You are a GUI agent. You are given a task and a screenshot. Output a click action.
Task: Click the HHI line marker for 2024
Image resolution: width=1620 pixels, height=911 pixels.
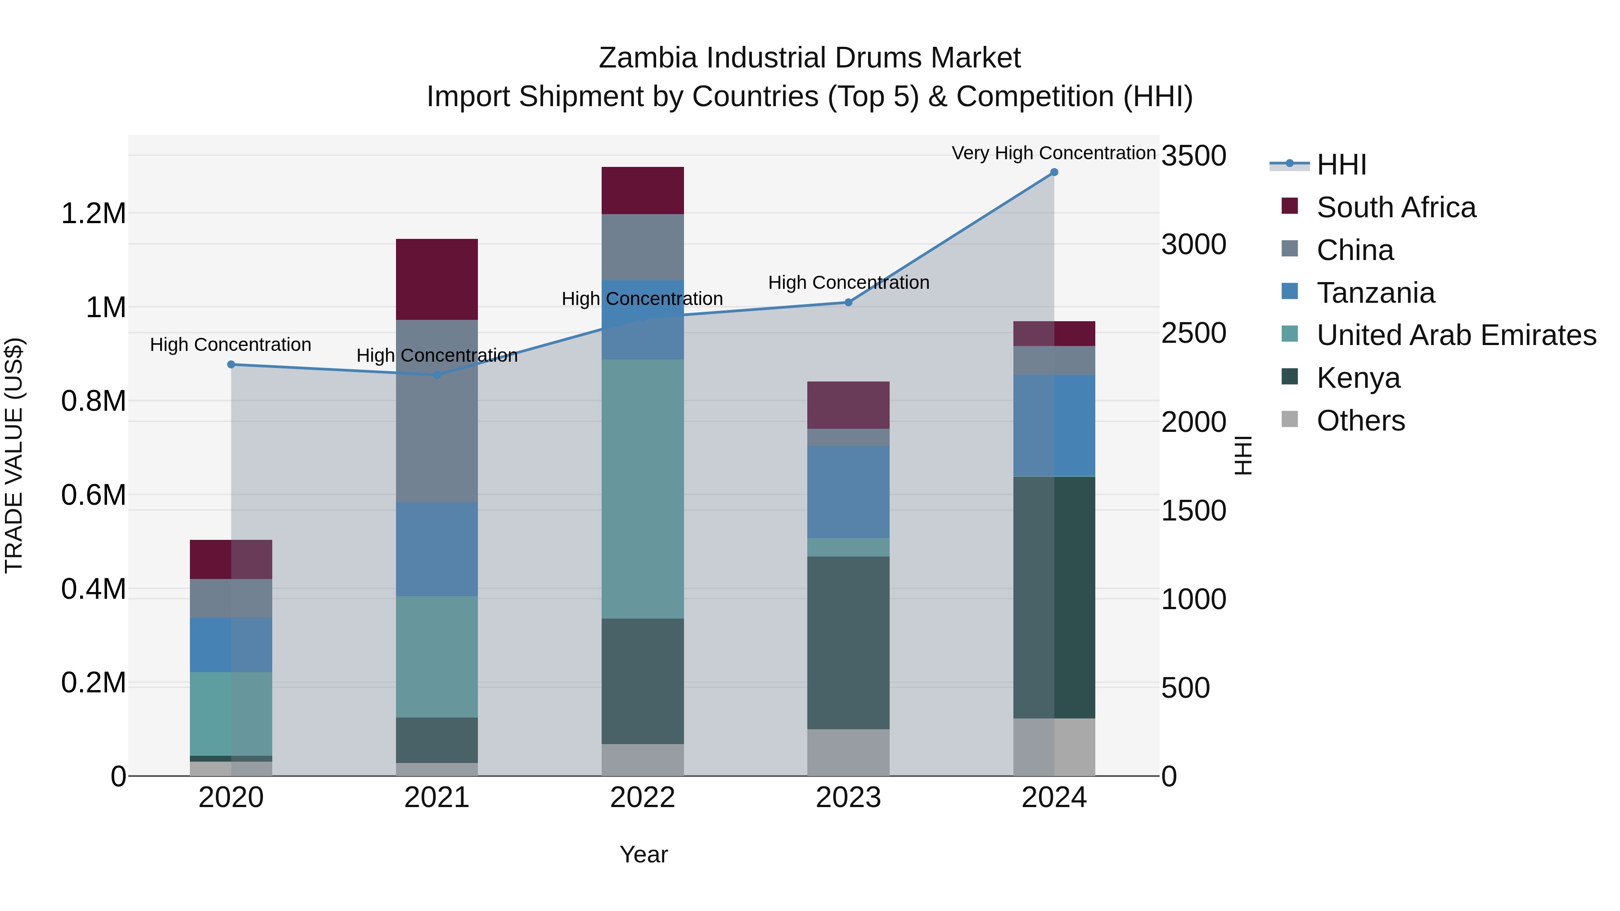click(x=1054, y=172)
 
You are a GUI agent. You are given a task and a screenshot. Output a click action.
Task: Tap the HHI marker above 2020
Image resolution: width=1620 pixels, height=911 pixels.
click(x=231, y=365)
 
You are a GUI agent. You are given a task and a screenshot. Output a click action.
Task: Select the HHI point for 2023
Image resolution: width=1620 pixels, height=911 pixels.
click(x=848, y=302)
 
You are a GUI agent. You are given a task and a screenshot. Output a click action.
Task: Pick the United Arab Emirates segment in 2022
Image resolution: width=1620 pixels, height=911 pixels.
click(x=642, y=489)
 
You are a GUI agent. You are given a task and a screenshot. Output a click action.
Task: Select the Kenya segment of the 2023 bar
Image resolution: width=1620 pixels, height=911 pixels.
click(x=848, y=642)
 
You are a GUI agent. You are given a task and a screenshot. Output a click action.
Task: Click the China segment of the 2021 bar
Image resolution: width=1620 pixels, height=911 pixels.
click(x=436, y=411)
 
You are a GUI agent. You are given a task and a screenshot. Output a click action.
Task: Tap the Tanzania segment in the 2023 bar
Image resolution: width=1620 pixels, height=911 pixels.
click(x=848, y=492)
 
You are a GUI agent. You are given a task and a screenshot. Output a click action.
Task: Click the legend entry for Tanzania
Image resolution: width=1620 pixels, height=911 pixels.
click(x=1375, y=293)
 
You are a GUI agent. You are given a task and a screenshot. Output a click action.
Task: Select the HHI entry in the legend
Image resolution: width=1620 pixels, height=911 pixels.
click(x=1341, y=165)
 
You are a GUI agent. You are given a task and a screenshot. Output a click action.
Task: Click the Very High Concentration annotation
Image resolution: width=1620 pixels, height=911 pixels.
click(x=1053, y=153)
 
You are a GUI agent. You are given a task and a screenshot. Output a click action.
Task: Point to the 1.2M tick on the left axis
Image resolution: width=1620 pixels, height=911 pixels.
click(x=93, y=214)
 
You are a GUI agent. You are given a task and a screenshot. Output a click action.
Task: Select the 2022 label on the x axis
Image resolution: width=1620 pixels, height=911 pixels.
click(x=642, y=798)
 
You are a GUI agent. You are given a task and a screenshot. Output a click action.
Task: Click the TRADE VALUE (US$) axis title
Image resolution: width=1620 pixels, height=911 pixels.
click(x=14, y=455)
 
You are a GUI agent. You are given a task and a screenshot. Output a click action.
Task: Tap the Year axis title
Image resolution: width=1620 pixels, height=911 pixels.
click(x=643, y=854)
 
